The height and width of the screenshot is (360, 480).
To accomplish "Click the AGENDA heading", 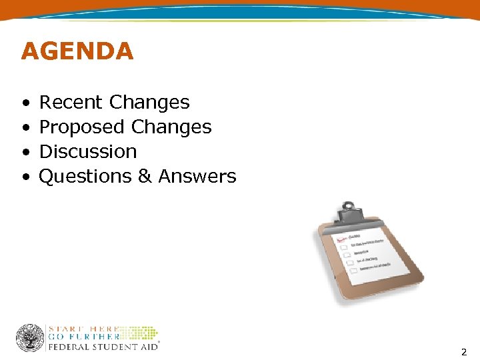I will point(77,51).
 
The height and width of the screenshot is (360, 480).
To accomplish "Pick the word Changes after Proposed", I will point(171,127).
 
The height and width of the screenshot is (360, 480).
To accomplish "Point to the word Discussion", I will point(88,152).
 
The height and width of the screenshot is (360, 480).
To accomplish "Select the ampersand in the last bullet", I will point(146,177).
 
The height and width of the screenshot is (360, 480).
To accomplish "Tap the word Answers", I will point(197,177).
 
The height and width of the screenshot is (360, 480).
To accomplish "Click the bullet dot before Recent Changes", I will point(25,103).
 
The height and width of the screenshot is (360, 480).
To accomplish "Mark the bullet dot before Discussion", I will point(25,153).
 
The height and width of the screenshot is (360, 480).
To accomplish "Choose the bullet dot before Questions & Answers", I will point(25,177).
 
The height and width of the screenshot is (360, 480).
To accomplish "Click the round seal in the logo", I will point(30,338).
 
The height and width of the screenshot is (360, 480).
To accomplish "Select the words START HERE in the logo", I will point(83,329).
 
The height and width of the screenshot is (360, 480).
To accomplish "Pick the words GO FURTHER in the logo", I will point(83,337).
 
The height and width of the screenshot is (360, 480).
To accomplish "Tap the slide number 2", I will point(463,351).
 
